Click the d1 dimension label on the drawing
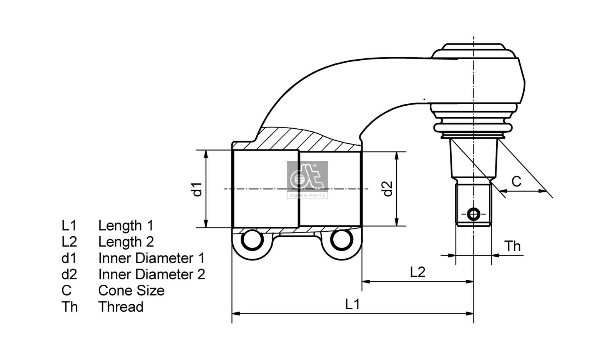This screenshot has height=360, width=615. [x=198, y=189]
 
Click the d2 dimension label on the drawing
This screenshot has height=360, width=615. [x=388, y=188]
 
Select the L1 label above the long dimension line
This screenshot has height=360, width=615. [x=352, y=304]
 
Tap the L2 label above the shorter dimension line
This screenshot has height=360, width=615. [x=417, y=272]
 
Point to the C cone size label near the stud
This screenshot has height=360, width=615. [x=516, y=181]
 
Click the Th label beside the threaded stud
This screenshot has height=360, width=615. [x=512, y=246]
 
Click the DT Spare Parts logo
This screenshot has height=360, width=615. [x=307, y=179]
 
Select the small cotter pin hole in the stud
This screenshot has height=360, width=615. [x=474, y=214]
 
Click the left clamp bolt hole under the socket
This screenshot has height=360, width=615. [x=252, y=241]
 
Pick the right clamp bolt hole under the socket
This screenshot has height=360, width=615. [x=341, y=241]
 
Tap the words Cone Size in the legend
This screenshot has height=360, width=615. [x=131, y=290]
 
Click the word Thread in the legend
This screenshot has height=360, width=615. [x=121, y=307]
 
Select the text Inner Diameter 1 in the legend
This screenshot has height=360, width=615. [x=151, y=258]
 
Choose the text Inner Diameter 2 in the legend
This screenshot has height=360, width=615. [x=151, y=274]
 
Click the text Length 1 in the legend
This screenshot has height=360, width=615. [x=126, y=226]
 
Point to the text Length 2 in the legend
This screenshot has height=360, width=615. [x=126, y=242]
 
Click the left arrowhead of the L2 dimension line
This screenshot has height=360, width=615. [x=366, y=282]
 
